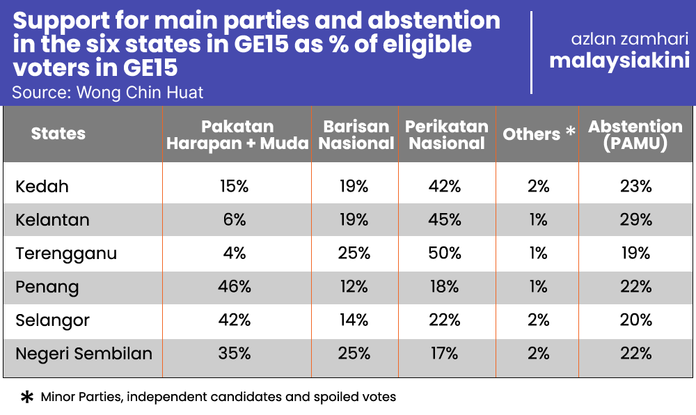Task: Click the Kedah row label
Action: [x=42, y=187]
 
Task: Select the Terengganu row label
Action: [x=66, y=254]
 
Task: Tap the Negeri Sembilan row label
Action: [x=84, y=354]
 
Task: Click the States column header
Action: [x=58, y=134]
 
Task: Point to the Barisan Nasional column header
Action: [x=356, y=135]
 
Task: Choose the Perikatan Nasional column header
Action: [x=447, y=135]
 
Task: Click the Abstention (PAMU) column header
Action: [x=635, y=135]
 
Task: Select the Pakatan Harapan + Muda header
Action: [x=237, y=135]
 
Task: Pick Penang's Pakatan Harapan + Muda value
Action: [x=235, y=287]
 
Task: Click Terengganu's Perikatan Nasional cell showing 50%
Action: [x=445, y=253]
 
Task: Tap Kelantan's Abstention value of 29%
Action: [x=636, y=220]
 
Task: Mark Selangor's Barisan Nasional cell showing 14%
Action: [x=354, y=320]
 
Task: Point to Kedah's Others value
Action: [x=539, y=187]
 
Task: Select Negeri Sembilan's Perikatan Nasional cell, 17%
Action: [x=444, y=353]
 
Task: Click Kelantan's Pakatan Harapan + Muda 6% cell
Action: [x=235, y=220]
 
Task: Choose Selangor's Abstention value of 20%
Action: [x=636, y=320]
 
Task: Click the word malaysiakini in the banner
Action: [x=619, y=61]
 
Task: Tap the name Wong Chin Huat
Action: [x=140, y=93]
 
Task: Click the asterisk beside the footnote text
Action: [x=27, y=397]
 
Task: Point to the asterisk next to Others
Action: [x=571, y=131]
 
